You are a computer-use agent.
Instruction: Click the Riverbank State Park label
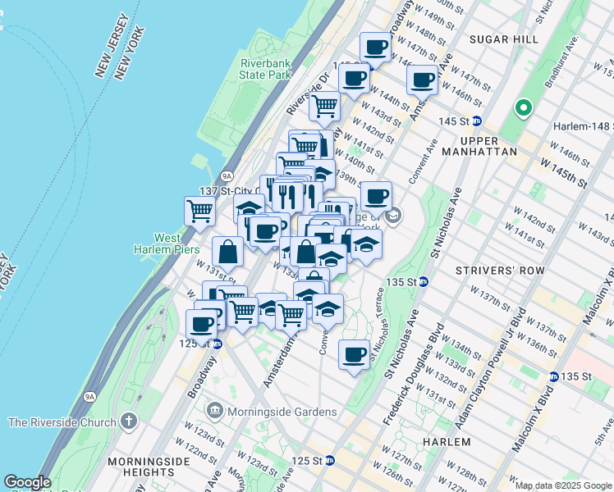(x=266, y=69)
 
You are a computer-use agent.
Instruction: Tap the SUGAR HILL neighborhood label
(x=503, y=39)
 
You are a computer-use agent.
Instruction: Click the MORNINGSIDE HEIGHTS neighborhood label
(x=155, y=467)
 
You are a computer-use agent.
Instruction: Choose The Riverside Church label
(x=62, y=423)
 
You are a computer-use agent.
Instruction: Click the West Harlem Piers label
(x=167, y=244)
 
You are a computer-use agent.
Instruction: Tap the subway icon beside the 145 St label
(x=476, y=121)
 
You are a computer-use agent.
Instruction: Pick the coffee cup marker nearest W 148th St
(x=376, y=48)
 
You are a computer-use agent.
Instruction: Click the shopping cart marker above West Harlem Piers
(x=200, y=211)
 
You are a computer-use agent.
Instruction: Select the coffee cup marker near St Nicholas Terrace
(x=354, y=354)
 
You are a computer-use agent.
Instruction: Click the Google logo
(x=27, y=482)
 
